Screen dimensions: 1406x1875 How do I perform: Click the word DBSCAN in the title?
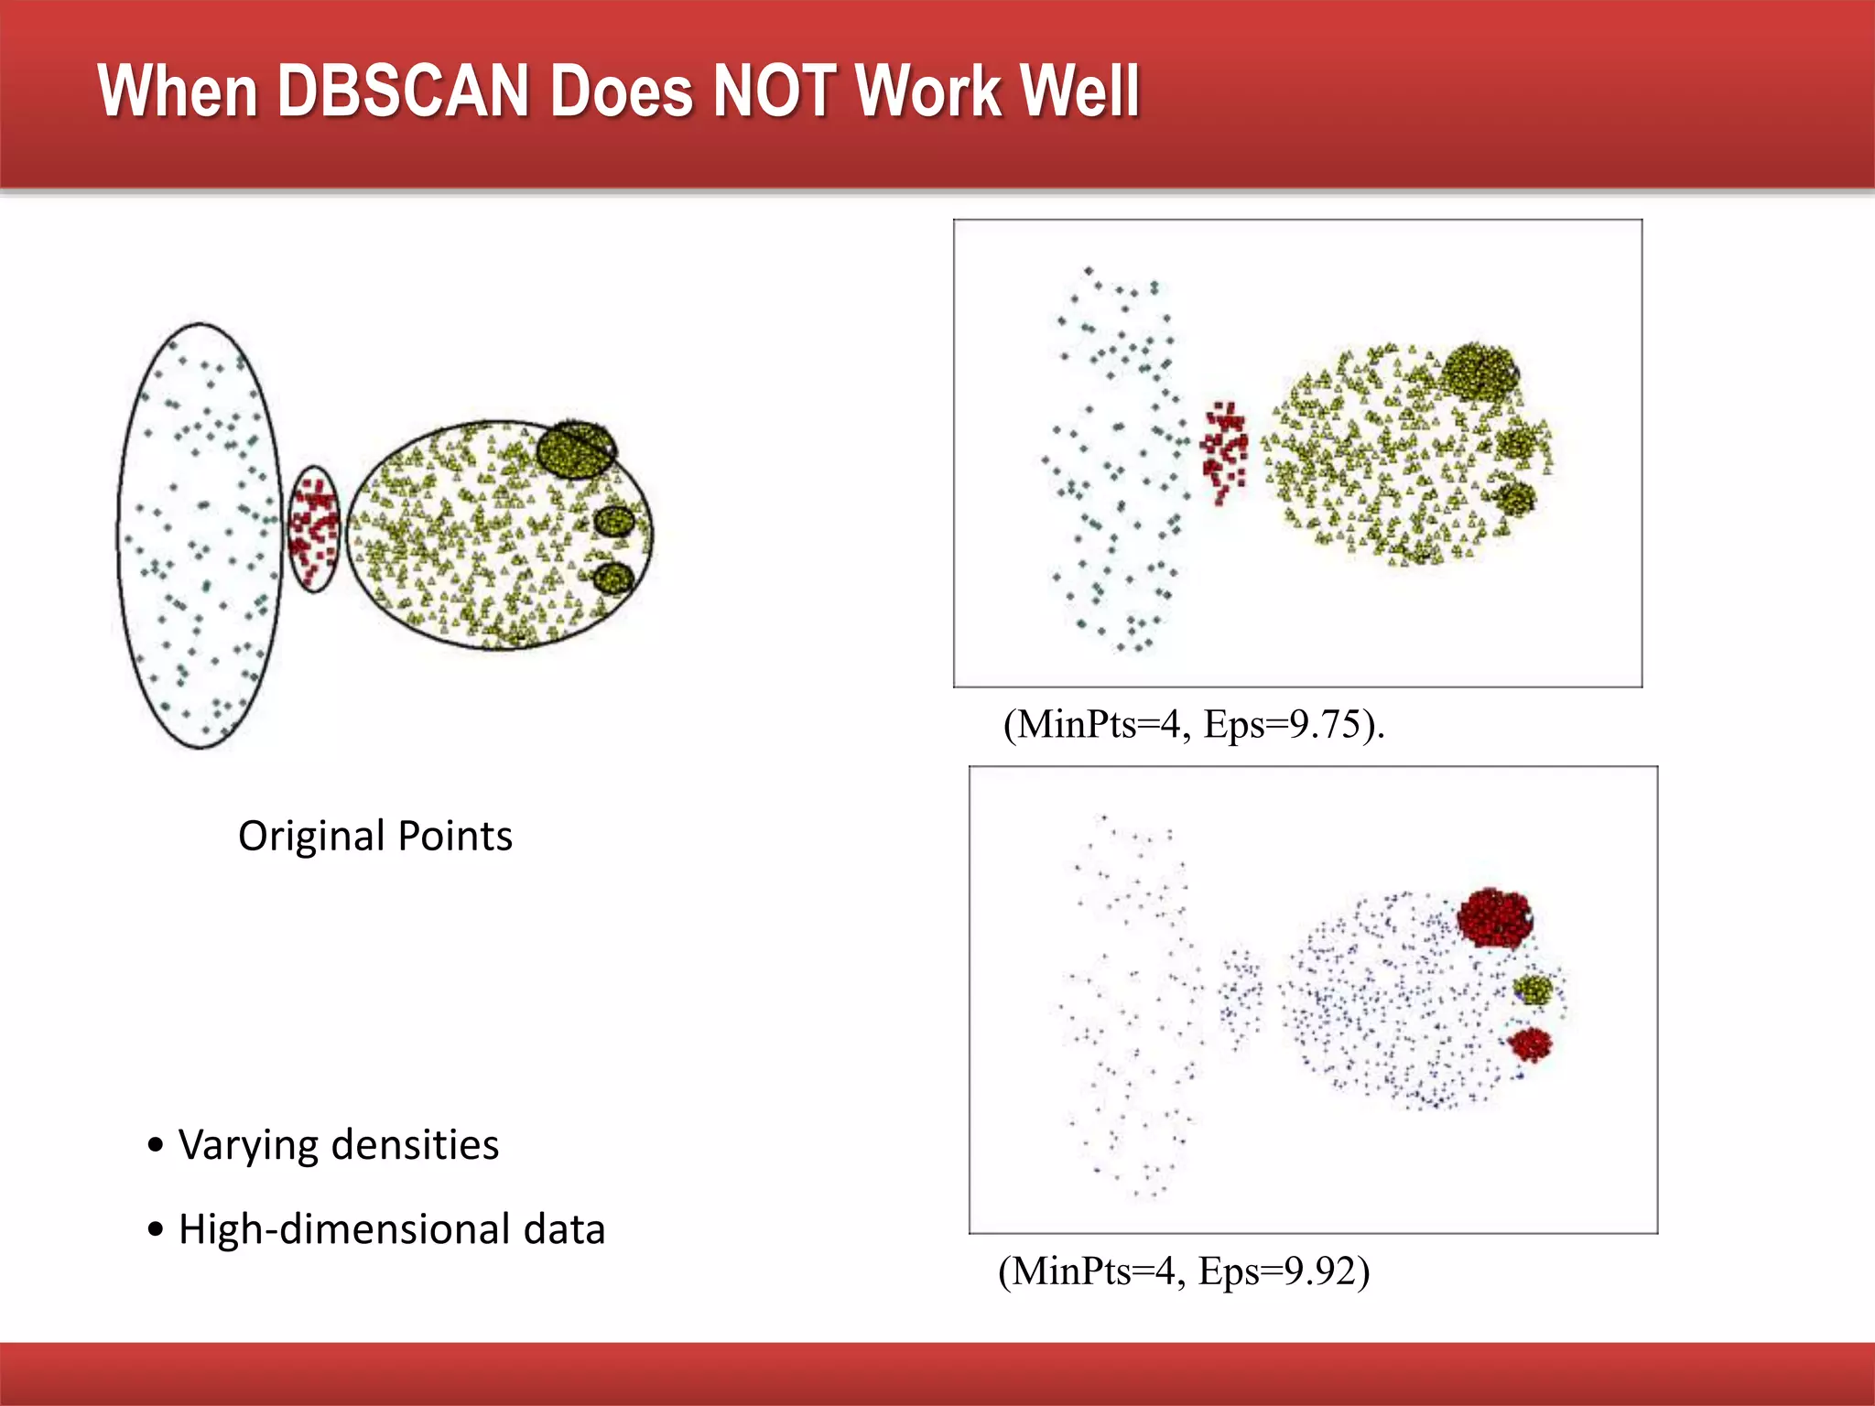click(x=403, y=92)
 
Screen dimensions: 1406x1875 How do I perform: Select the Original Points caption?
click(x=375, y=837)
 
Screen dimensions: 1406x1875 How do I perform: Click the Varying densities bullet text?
click(x=339, y=1145)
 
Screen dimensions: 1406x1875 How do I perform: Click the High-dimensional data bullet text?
click(x=392, y=1229)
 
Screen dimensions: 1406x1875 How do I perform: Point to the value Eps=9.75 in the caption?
click(x=1282, y=724)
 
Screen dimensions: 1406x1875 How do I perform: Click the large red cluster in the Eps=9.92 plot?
click(x=1494, y=917)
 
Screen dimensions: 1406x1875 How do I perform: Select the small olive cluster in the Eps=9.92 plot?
click(x=1534, y=990)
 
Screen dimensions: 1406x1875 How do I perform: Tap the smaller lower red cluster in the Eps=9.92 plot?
click(x=1530, y=1044)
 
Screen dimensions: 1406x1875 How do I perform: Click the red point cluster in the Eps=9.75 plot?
click(x=1224, y=449)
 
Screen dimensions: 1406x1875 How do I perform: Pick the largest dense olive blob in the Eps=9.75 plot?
click(x=1479, y=371)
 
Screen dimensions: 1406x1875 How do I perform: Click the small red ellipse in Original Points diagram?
click(x=314, y=529)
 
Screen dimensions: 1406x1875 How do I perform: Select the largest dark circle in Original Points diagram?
click(x=576, y=449)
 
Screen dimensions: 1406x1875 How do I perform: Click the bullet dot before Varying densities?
click(x=157, y=1145)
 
